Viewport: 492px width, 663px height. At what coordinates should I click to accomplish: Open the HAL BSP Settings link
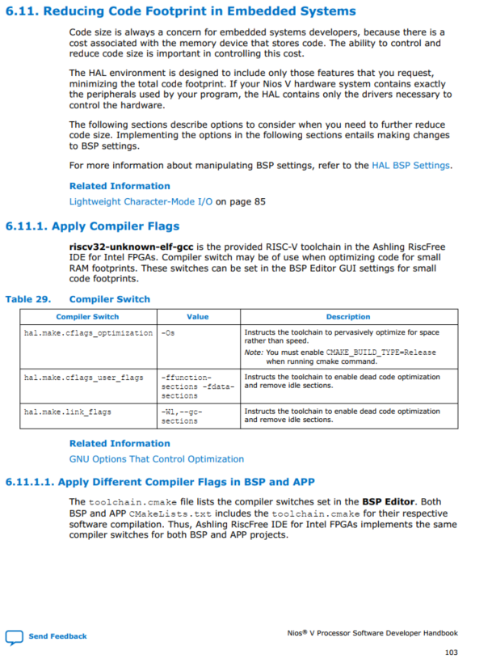click(411, 165)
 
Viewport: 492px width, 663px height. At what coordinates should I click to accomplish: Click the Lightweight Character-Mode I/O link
click(141, 201)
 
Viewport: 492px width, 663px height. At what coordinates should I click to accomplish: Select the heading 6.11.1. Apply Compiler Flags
click(92, 226)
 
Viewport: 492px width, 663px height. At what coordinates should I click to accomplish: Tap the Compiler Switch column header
click(87, 317)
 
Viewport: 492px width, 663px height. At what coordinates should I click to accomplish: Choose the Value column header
click(197, 317)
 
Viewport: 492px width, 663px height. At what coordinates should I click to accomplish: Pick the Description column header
click(348, 317)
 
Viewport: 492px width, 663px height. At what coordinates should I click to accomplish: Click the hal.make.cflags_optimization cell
click(88, 332)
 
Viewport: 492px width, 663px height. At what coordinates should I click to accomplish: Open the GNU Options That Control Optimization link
click(156, 458)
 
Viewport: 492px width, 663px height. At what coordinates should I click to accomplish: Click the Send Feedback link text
click(57, 636)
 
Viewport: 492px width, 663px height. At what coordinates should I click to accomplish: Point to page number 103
click(451, 652)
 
